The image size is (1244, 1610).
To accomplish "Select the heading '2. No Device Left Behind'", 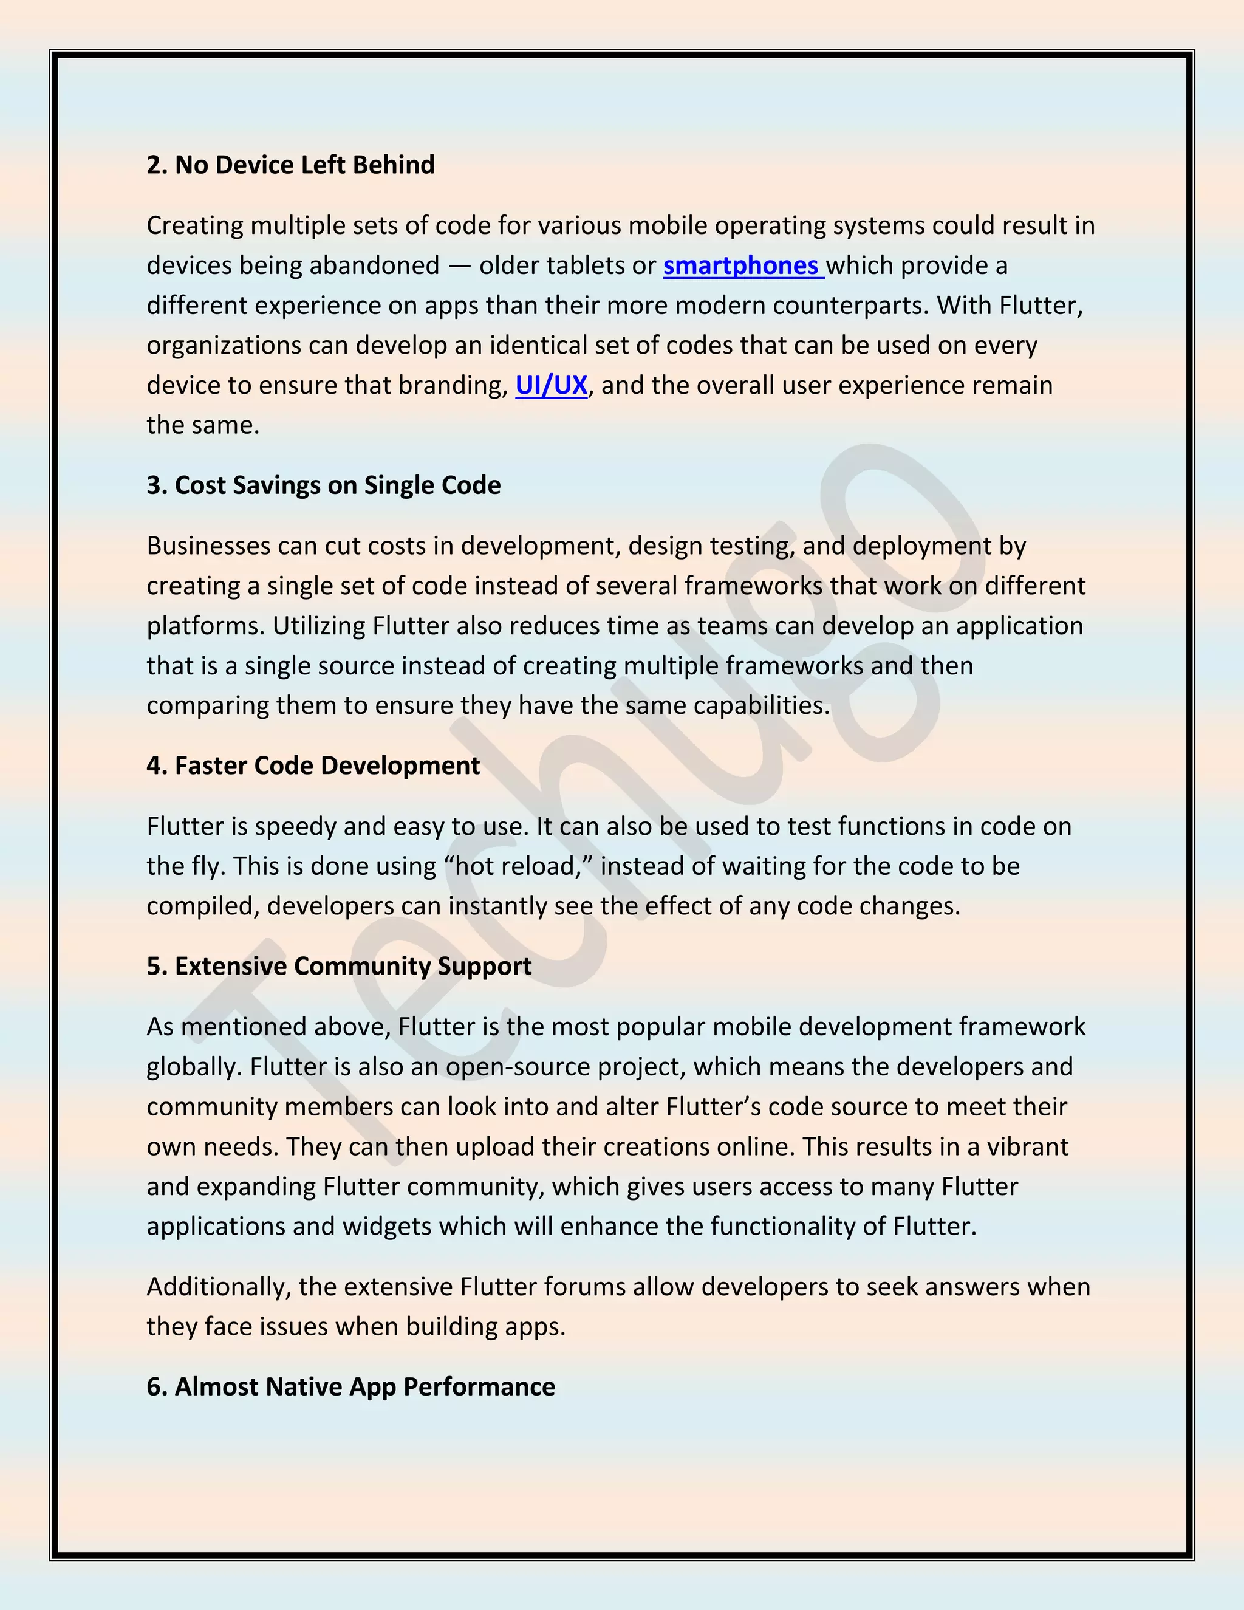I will pos(290,165).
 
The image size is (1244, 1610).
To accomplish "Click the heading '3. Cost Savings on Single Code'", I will pos(324,485).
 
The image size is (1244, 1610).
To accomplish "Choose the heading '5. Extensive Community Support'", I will pos(339,967).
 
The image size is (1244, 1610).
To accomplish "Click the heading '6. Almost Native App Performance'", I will pos(351,1386).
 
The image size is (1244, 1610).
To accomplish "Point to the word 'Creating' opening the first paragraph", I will pos(194,225).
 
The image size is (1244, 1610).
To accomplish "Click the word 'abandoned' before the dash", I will pos(374,265).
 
